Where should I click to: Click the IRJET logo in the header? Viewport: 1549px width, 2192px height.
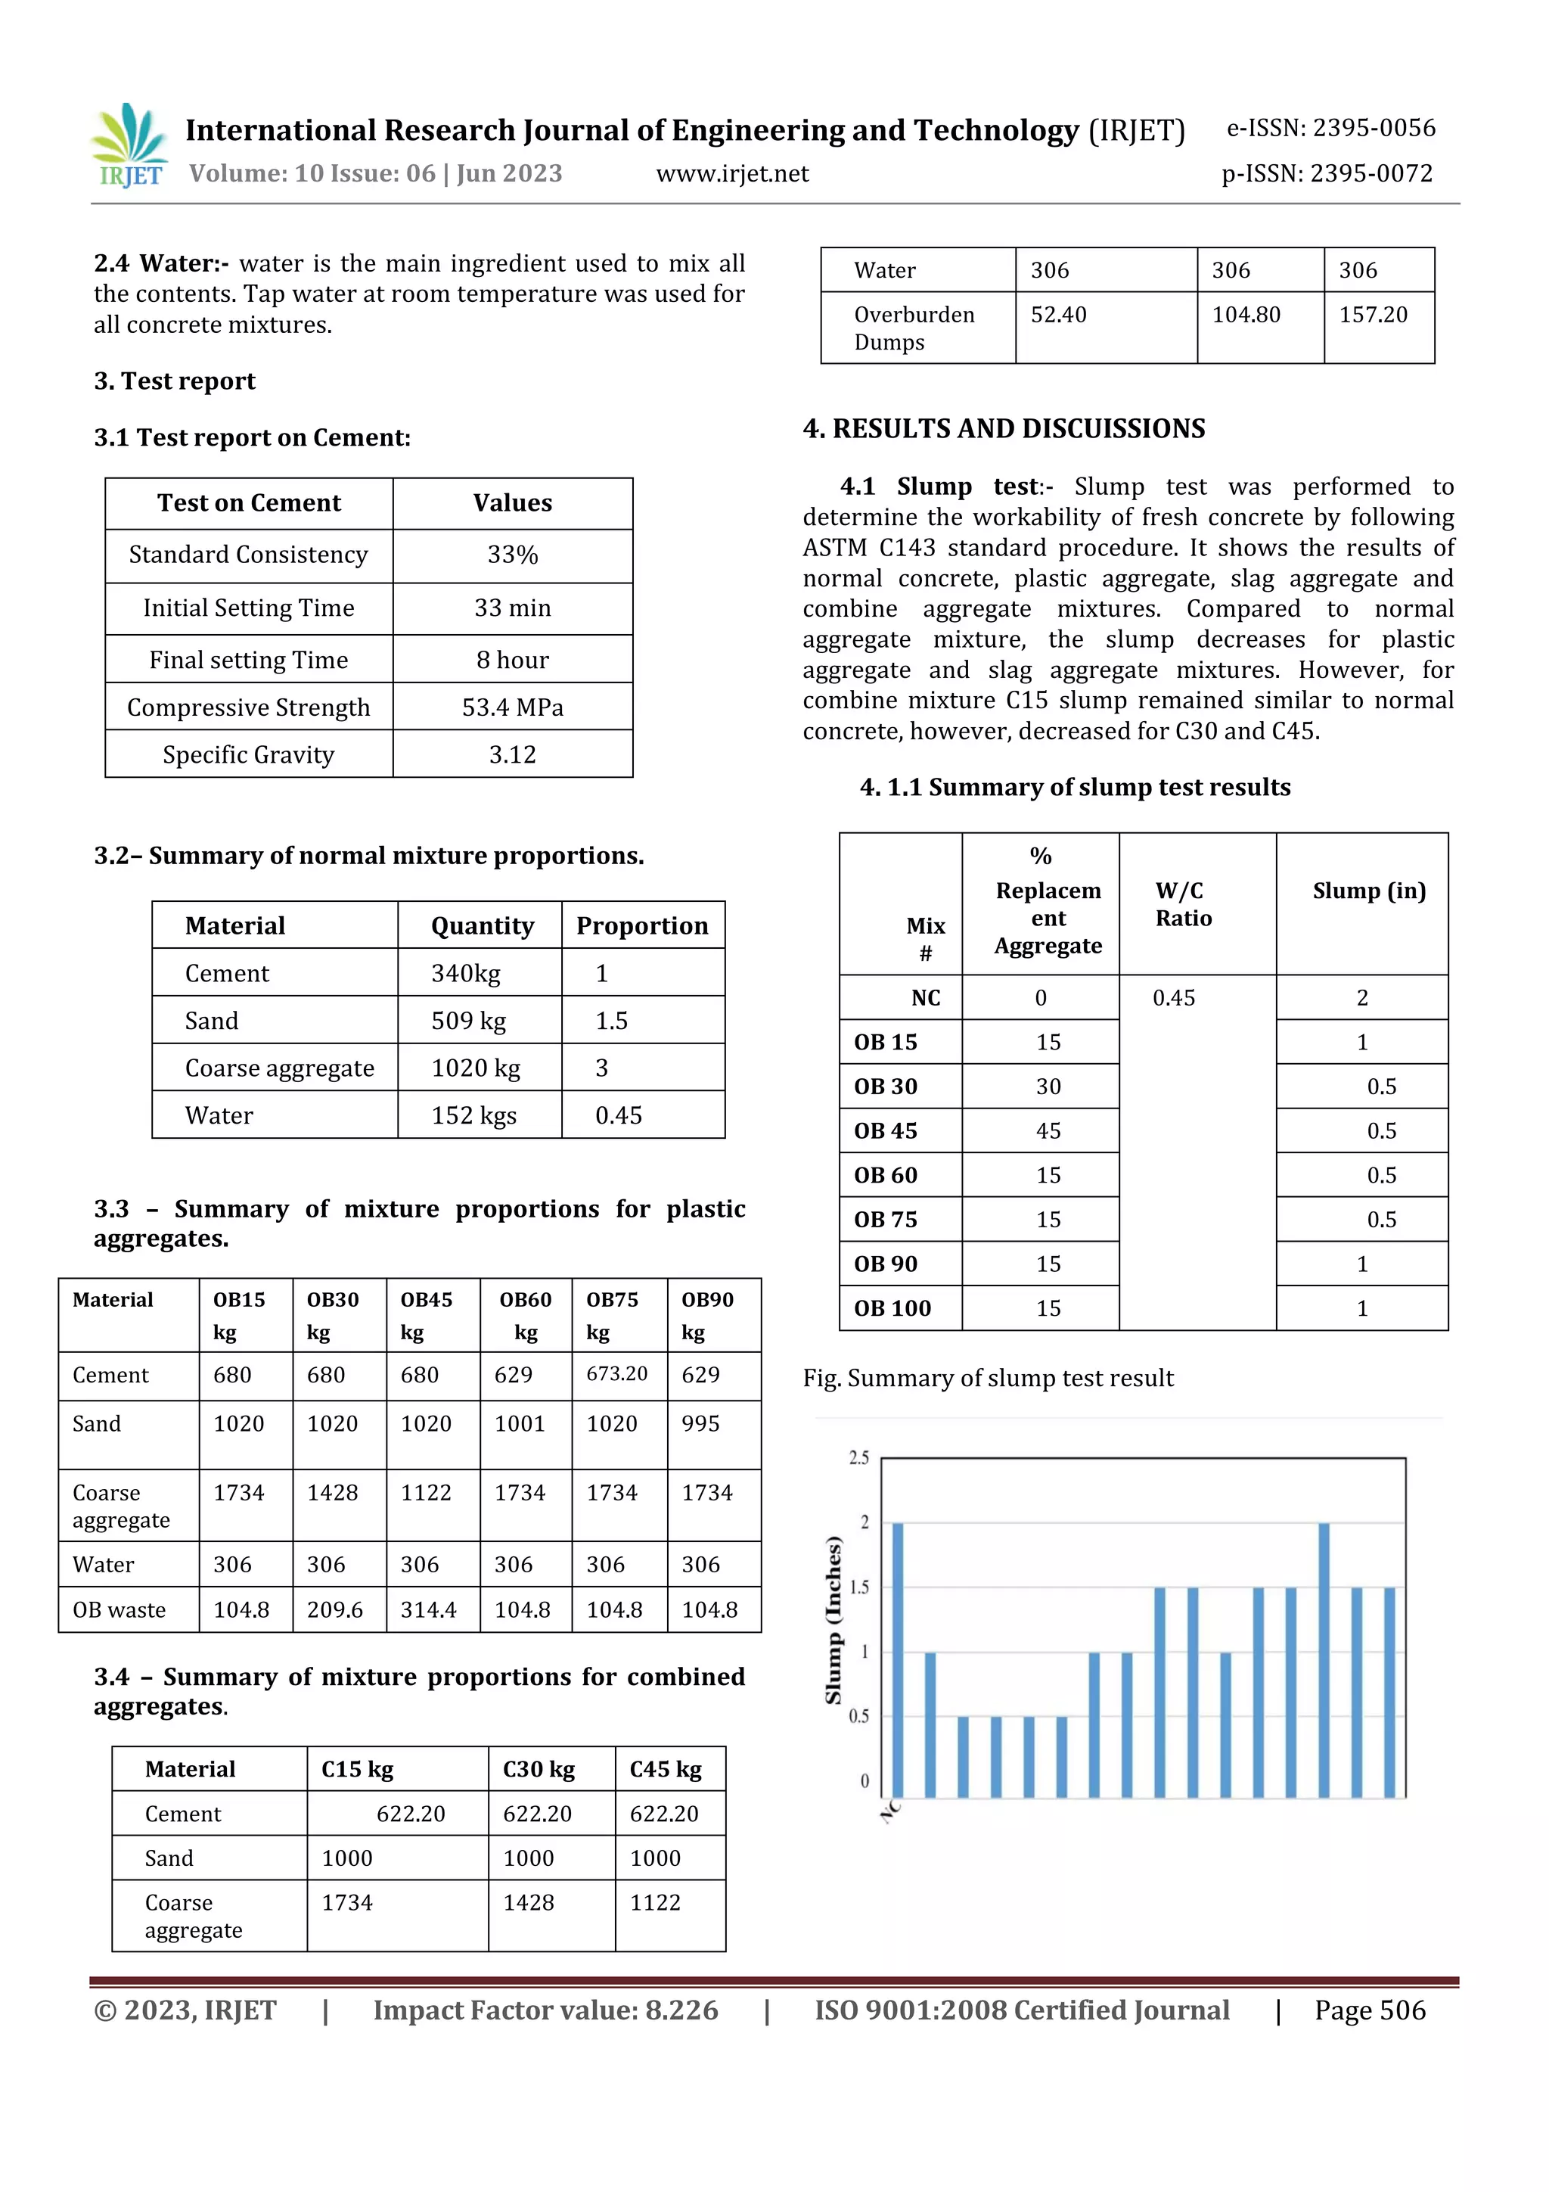(131, 146)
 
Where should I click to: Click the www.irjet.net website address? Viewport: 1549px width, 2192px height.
(732, 174)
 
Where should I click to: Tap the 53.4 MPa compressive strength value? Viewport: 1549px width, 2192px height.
(513, 707)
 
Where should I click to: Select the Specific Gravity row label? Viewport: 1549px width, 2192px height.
(248, 755)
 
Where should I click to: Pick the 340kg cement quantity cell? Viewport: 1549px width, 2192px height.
(466, 974)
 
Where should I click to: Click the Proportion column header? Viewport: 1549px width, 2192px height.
(642, 926)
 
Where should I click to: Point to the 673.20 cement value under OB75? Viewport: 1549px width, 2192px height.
(616, 1374)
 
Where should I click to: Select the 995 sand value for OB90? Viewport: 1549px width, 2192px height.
(700, 1423)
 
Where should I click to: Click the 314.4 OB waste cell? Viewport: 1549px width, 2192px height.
(429, 1611)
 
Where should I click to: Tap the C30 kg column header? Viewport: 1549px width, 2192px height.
(539, 1769)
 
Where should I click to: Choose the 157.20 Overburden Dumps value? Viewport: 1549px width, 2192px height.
(1373, 315)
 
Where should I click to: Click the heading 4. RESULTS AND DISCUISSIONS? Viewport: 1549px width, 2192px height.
(1004, 429)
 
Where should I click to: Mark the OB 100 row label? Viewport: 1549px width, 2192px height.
(892, 1308)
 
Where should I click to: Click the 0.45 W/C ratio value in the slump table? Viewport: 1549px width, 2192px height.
(1174, 998)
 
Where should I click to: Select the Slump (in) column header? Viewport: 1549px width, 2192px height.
(1369, 891)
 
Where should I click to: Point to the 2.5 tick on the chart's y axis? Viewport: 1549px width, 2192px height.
(859, 1458)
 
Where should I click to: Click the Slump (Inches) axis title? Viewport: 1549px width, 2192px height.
(833, 1620)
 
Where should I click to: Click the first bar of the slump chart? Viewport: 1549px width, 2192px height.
(897, 1659)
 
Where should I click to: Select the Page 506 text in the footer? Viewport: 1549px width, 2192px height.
(1370, 2010)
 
